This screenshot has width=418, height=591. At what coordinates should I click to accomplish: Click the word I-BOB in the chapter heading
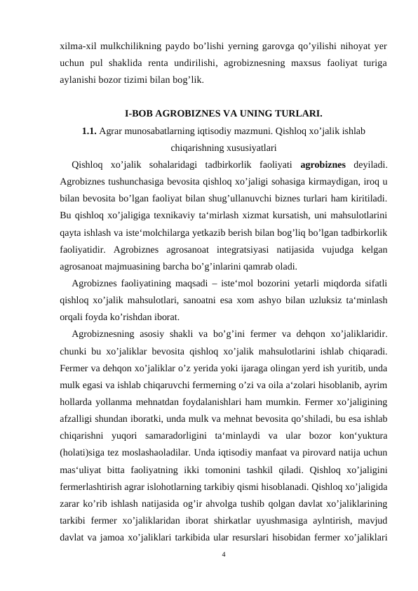click(x=139, y=112)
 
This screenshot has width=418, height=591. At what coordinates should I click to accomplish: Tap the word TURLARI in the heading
click(x=299, y=112)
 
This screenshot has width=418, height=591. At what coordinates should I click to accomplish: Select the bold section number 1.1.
click(x=89, y=131)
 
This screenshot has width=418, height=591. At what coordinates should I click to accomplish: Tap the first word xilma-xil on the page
click(x=81, y=46)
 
